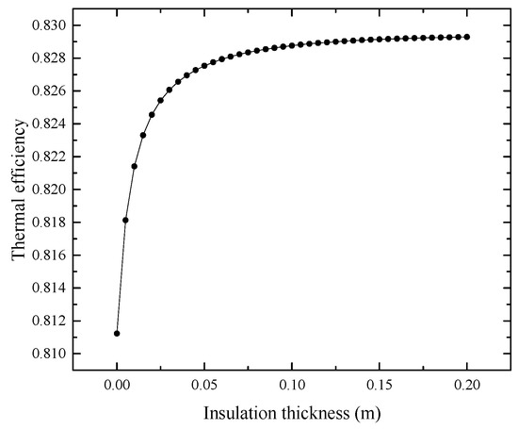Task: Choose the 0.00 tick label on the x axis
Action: pos(117,385)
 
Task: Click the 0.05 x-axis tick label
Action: pos(204,385)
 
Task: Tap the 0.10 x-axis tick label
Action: pos(292,385)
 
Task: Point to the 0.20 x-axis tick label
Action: pos(467,385)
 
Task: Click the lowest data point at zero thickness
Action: pos(117,333)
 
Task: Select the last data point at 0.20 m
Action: pos(467,37)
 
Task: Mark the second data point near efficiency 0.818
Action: pos(125,220)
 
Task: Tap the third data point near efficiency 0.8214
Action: pos(135,166)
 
